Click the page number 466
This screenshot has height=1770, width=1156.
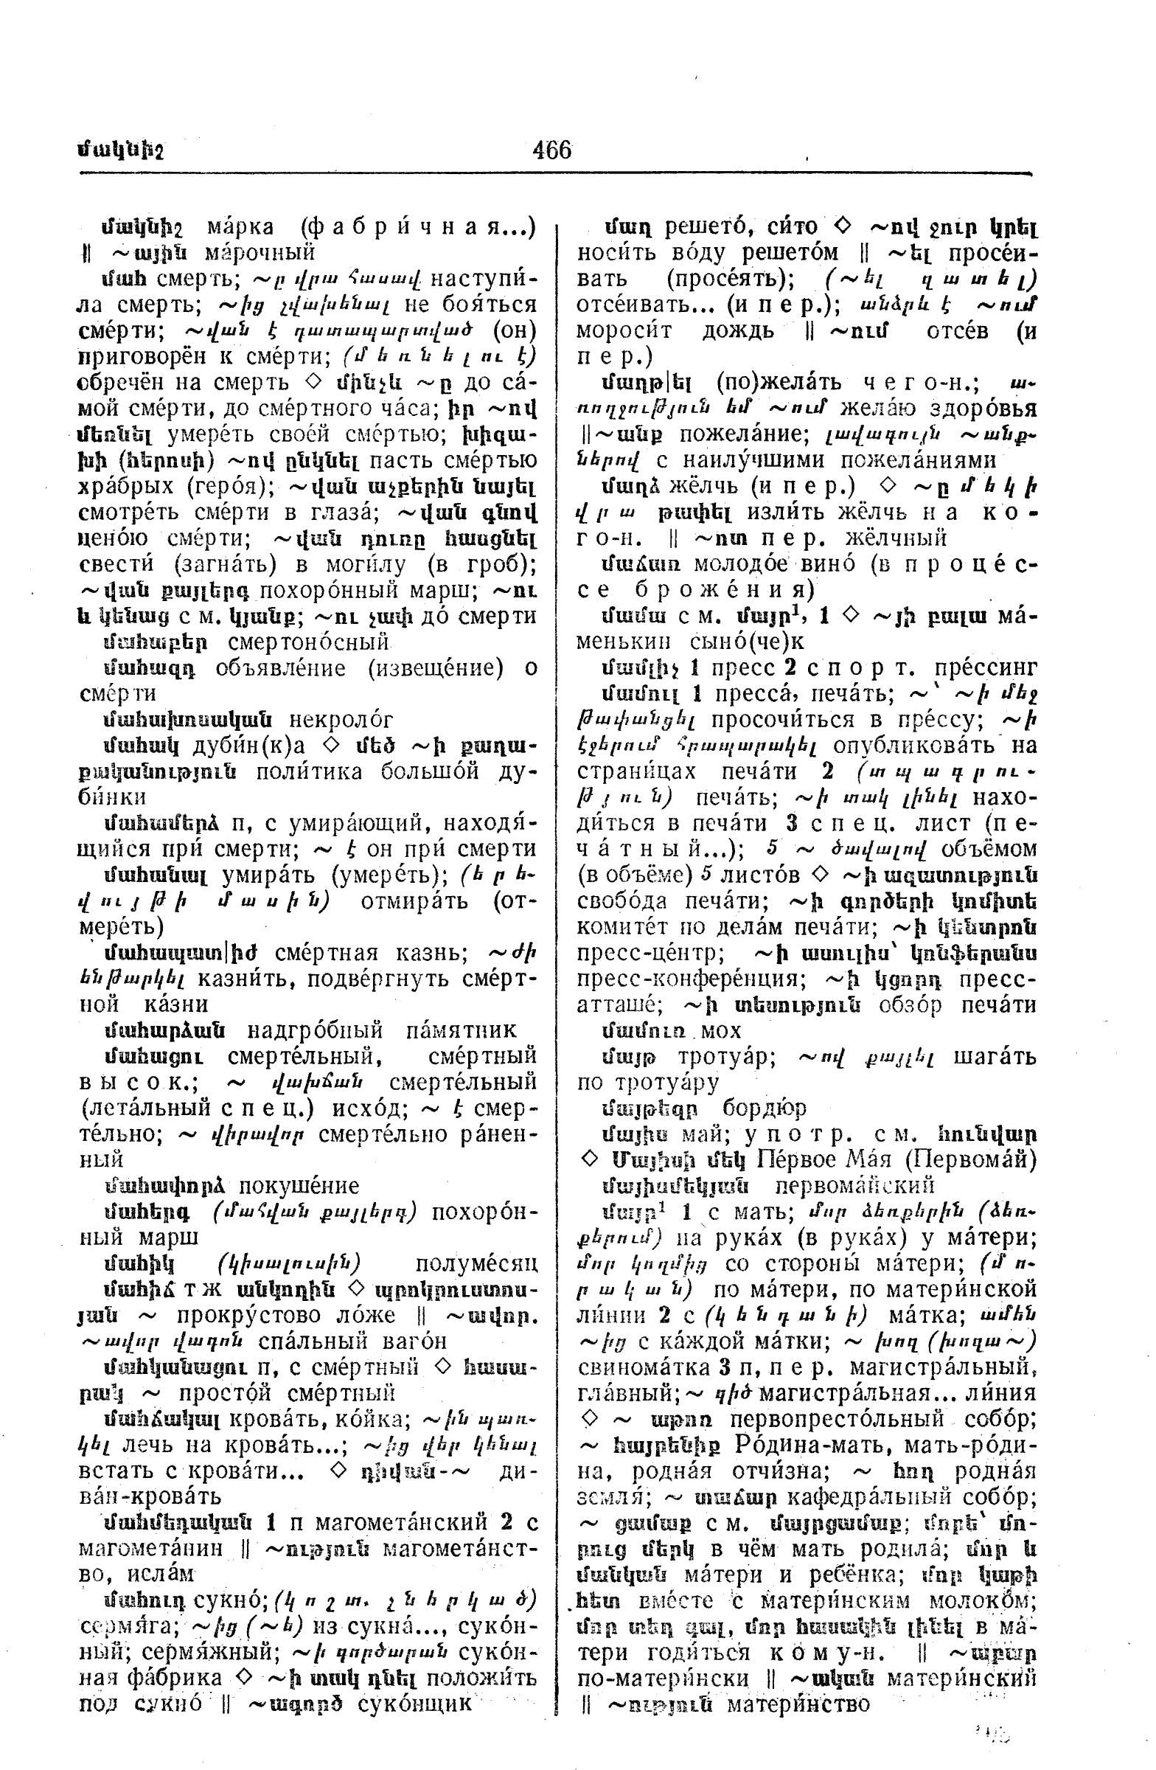click(551, 150)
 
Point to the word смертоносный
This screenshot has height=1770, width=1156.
click(308, 642)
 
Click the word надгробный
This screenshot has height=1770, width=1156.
click(315, 1030)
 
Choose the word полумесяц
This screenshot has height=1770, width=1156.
click(476, 1263)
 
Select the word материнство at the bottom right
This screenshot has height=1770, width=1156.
click(798, 1703)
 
